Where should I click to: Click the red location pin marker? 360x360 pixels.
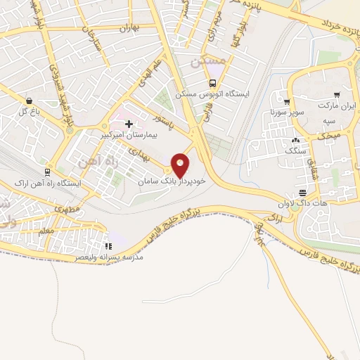tap(181, 165)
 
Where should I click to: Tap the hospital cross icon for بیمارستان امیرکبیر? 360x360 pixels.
tap(129, 124)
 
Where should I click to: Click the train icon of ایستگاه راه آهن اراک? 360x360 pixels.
tap(47, 172)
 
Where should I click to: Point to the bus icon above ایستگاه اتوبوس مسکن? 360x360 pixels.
tap(212, 82)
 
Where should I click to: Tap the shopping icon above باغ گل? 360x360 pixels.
tap(29, 101)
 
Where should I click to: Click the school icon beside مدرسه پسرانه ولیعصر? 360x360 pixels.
tap(108, 246)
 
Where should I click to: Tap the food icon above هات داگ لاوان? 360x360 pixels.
tap(302, 193)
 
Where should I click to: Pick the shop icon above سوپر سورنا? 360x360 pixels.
tap(286, 101)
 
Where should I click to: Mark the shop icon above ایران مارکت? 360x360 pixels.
tap(337, 94)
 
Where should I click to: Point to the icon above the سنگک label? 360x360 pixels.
tap(296, 140)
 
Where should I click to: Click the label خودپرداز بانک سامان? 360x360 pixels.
tap(172, 181)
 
